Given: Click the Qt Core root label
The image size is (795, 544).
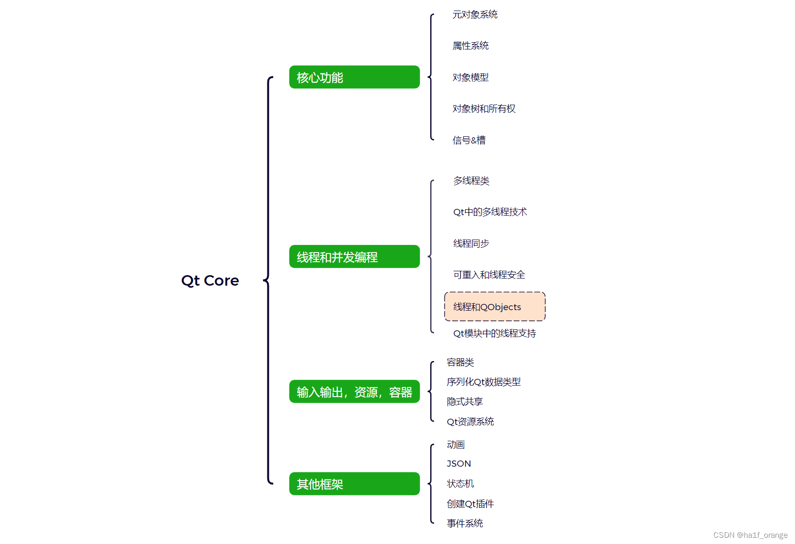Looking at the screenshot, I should click(x=210, y=280).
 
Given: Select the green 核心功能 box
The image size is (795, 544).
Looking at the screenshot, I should click(x=354, y=77).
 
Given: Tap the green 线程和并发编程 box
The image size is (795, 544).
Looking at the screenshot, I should click(x=354, y=257).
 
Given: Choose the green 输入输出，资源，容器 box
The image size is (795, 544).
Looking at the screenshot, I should click(x=354, y=392).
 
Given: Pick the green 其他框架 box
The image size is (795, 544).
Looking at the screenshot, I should click(x=354, y=484).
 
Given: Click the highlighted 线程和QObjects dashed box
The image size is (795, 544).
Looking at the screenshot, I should click(x=494, y=307).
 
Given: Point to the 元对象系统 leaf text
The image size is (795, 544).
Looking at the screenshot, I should click(x=475, y=15).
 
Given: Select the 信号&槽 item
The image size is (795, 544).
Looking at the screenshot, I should click(x=469, y=140).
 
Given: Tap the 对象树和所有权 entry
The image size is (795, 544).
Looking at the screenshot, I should click(x=483, y=109).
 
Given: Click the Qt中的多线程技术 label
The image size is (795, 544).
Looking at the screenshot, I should click(x=490, y=212).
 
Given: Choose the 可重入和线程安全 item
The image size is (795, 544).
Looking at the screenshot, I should click(x=489, y=275).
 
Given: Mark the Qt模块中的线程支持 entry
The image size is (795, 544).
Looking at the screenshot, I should click(x=494, y=333).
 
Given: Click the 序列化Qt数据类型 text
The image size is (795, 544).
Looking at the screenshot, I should click(x=483, y=382).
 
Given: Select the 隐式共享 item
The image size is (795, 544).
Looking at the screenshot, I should click(x=464, y=402).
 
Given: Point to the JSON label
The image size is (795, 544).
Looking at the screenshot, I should click(x=458, y=464).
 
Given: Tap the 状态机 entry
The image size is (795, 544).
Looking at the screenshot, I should click(x=460, y=484).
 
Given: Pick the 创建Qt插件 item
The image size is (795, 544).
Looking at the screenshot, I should click(x=470, y=504).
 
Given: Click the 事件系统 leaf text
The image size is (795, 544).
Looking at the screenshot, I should click(x=464, y=524).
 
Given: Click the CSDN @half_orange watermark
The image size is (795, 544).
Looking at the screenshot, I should click(x=750, y=535).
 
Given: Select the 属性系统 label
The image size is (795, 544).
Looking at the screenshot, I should click(x=470, y=46).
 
